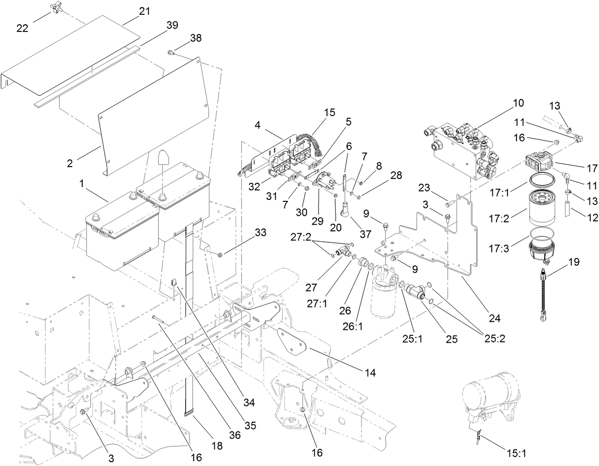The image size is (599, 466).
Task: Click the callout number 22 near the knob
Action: [x=22, y=28]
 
